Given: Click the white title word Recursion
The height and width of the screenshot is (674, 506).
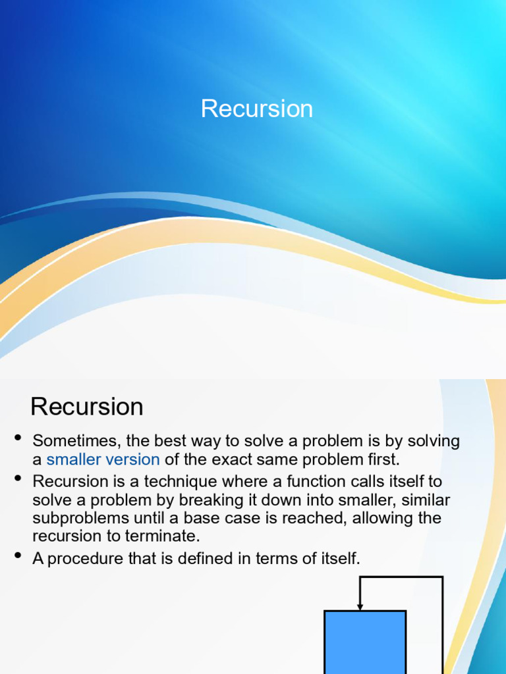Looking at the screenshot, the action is coord(257,109).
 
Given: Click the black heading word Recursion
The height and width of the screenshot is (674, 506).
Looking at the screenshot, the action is coord(87,406).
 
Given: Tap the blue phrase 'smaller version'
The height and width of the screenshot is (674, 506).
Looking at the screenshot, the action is coord(103,459).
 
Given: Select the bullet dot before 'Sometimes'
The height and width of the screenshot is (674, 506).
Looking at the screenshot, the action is coord(18,438).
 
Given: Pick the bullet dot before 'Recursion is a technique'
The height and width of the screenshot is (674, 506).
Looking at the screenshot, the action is coord(18,478).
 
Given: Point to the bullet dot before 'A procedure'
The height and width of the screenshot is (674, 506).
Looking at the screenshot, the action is coord(18,555).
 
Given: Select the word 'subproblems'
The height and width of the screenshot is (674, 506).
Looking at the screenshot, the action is coord(81,519).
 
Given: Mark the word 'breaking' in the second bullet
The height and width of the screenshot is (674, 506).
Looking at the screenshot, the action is coord(206,501).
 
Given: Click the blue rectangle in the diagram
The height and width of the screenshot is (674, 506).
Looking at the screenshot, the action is coord(365,642).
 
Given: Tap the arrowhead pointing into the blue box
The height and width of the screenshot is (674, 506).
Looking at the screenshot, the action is coord(360,606).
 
